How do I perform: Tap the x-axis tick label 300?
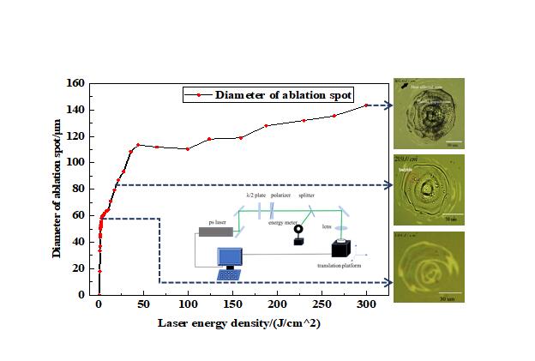(x=366, y=306)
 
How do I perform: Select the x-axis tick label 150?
(x=232, y=306)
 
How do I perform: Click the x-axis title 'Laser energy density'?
(x=224, y=324)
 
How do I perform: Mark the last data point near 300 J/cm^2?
(x=366, y=105)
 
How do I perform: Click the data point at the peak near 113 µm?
(x=138, y=145)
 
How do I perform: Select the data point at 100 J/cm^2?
(x=188, y=149)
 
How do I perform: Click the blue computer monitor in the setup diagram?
(x=231, y=257)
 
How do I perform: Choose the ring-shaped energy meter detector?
(x=298, y=230)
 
